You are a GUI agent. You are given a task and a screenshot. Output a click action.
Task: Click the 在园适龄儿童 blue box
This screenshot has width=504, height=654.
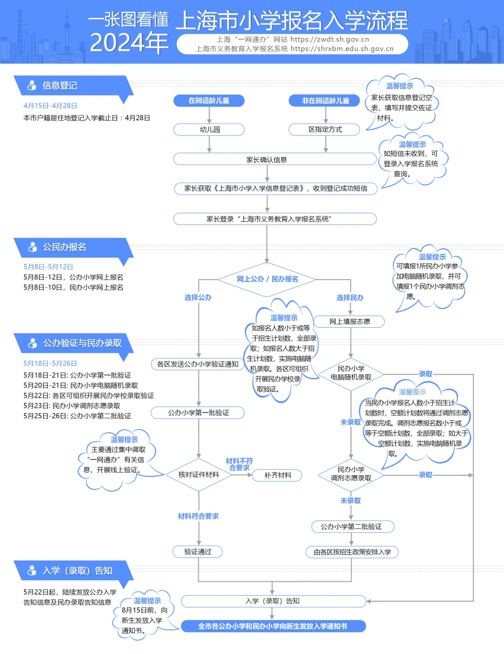click(x=209, y=100)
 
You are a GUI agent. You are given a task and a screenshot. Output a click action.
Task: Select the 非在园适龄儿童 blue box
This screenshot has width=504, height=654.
click(x=324, y=100)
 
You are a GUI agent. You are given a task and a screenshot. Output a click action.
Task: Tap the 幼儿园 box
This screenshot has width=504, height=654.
click(x=209, y=129)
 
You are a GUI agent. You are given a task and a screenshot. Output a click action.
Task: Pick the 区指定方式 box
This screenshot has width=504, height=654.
click(x=324, y=129)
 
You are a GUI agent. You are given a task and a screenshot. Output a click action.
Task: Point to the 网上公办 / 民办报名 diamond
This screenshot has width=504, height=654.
click(x=267, y=279)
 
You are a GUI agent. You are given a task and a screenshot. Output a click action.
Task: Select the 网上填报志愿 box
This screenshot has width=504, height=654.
click(x=350, y=322)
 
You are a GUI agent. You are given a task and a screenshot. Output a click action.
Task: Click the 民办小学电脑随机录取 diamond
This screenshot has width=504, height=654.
click(x=351, y=374)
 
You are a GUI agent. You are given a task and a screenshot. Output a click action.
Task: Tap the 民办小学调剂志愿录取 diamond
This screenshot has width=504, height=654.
click(x=351, y=475)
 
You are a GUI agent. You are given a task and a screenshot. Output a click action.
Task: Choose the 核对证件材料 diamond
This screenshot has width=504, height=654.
click(x=199, y=475)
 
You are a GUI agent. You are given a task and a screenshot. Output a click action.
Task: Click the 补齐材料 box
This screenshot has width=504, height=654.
click(x=277, y=475)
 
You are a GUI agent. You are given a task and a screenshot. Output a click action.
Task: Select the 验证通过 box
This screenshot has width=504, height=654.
click(x=198, y=552)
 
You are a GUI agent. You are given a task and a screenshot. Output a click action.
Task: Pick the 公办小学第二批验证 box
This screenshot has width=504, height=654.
click(x=351, y=527)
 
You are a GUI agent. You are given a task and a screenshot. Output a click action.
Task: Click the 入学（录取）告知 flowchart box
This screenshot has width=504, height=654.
click(x=273, y=601)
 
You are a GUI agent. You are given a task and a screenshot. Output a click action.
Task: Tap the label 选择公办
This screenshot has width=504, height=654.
click(x=198, y=298)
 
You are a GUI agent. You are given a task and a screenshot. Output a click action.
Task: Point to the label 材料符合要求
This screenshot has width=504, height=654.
click(x=198, y=516)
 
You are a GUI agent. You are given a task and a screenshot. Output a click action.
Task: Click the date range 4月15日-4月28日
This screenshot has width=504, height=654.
click(x=50, y=105)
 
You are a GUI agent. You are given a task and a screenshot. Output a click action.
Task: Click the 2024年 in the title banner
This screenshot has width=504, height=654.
click(x=129, y=42)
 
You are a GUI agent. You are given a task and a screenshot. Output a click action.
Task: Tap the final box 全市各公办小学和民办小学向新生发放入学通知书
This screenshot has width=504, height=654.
click(x=273, y=626)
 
